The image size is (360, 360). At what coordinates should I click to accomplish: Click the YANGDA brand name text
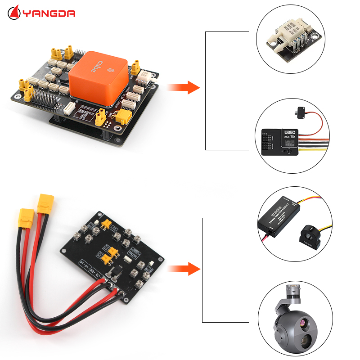49,13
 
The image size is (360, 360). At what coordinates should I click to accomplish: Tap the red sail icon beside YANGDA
14,12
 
